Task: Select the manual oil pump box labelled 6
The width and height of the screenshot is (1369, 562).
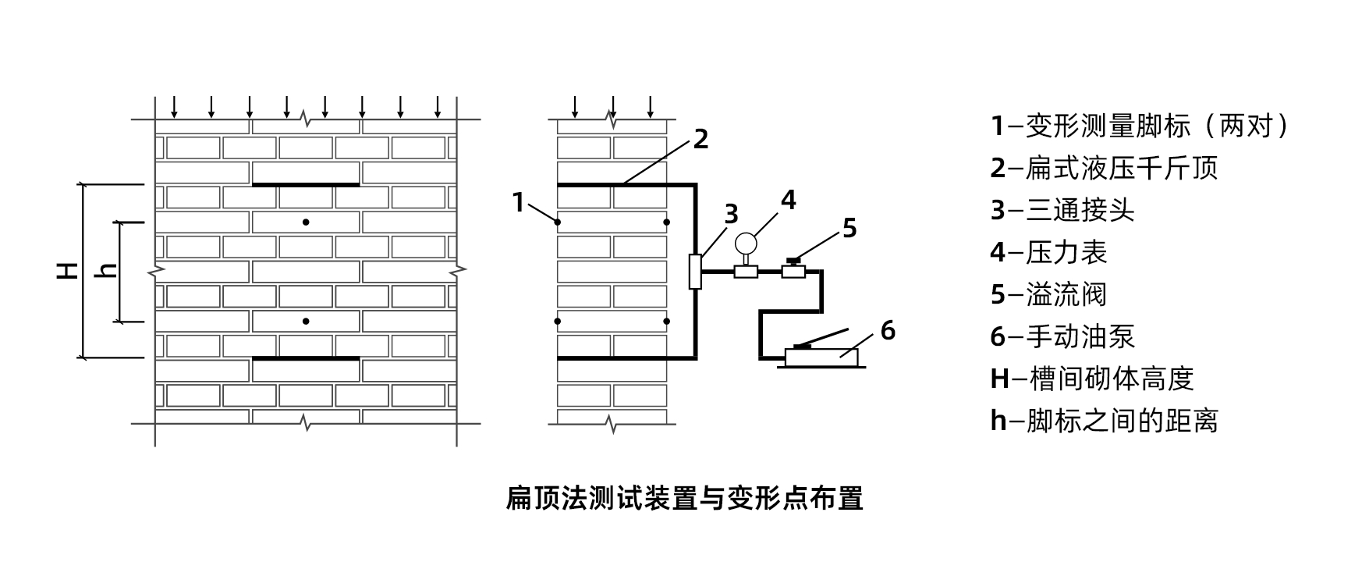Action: tap(822, 357)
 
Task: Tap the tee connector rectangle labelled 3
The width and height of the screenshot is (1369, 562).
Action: tap(695, 272)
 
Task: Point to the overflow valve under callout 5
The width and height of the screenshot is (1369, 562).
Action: tap(793, 270)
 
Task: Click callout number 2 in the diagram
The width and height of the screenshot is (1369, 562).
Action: tap(700, 139)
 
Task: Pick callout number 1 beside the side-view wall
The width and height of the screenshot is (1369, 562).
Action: tap(519, 202)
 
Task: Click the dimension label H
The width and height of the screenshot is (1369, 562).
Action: tap(69, 270)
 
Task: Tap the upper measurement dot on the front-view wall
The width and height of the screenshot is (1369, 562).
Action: tap(306, 222)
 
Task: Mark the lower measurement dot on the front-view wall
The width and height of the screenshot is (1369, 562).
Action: tap(306, 321)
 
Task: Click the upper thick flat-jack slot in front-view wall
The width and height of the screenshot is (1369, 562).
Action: tap(306, 185)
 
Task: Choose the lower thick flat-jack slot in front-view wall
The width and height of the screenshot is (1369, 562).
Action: tap(306, 358)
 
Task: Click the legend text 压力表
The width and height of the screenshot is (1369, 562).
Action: tap(1066, 252)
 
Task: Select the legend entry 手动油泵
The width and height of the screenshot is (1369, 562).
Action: tap(1080, 336)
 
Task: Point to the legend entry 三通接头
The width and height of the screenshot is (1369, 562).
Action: tap(1080, 210)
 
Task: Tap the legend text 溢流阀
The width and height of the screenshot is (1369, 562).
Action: tap(1066, 294)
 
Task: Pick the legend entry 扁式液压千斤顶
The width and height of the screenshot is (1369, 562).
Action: tap(1121, 168)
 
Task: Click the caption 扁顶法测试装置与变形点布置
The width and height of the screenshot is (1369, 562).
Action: tap(684, 497)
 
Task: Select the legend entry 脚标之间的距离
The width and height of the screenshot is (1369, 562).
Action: tap(1121, 421)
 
